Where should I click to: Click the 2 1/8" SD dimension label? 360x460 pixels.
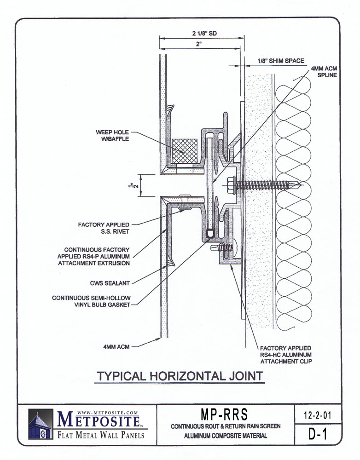(x=204, y=33)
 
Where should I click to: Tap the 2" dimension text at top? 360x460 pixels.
(x=199, y=44)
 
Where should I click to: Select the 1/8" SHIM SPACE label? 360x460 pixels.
(x=281, y=61)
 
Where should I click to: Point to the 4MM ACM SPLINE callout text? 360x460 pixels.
(x=324, y=72)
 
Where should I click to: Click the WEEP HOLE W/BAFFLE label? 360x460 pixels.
(x=112, y=136)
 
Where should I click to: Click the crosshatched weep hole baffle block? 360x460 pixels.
(x=185, y=151)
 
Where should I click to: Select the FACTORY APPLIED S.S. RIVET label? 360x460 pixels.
(x=104, y=228)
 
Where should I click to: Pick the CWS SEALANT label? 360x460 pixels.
(x=110, y=283)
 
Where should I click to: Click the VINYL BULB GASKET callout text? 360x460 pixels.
(x=91, y=301)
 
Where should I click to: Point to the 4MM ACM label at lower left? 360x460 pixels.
(x=116, y=347)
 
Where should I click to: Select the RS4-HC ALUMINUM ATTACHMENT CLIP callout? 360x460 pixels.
(x=286, y=355)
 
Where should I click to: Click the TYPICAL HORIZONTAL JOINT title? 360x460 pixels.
(x=180, y=376)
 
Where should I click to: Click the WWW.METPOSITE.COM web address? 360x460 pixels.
(x=107, y=413)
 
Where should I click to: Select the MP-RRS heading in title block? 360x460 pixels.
(x=224, y=414)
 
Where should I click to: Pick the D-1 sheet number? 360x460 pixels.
(x=318, y=434)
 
